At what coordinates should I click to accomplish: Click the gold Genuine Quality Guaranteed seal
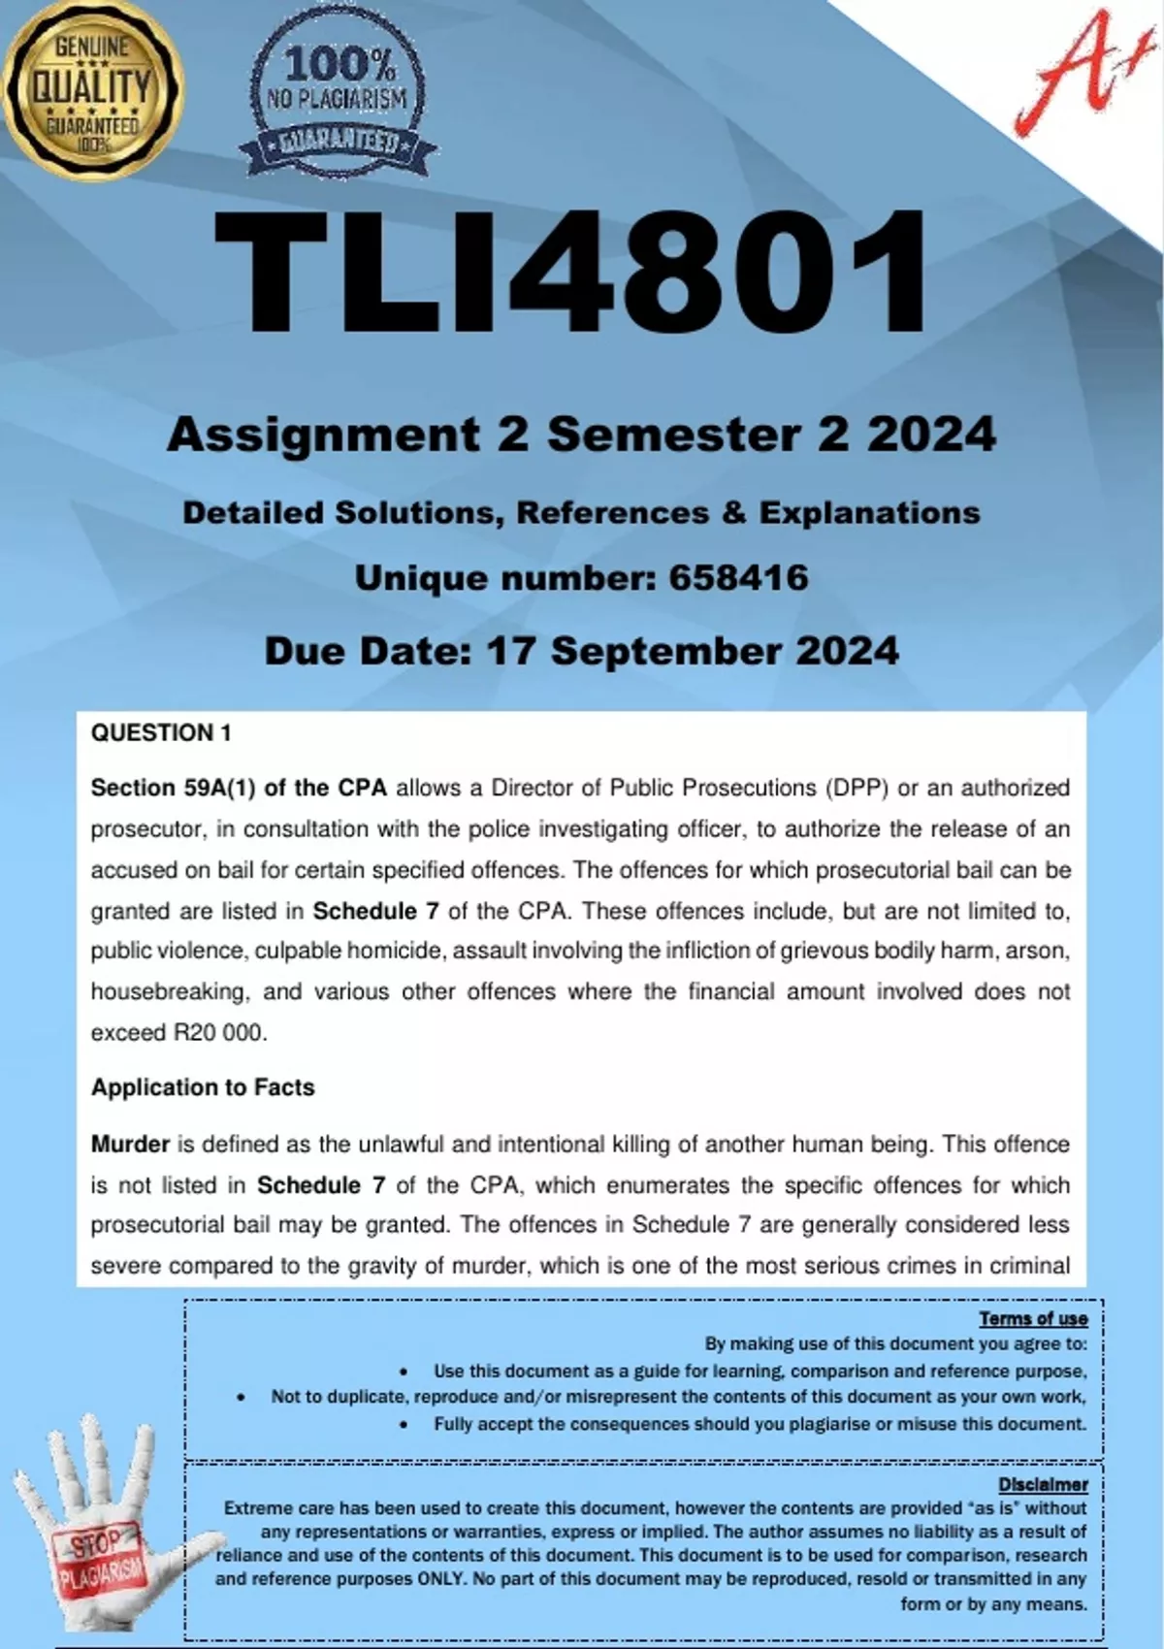[x=92, y=90]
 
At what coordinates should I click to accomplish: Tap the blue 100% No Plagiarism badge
[x=339, y=100]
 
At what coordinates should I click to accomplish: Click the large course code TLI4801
[x=571, y=275]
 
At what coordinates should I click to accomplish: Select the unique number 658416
[x=738, y=578]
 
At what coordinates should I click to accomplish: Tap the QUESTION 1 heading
[x=161, y=733]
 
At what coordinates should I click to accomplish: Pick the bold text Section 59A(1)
[x=173, y=788]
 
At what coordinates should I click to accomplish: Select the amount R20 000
[x=218, y=1033]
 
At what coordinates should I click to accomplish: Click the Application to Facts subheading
[x=203, y=1087]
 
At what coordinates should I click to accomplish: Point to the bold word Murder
[x=130, y=1145]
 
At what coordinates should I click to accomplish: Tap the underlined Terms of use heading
[x=1033, y=1318]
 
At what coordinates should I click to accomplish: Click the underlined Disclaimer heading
[x=1043, y=1484]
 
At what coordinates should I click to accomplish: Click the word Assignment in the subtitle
[x=323, y=436]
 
